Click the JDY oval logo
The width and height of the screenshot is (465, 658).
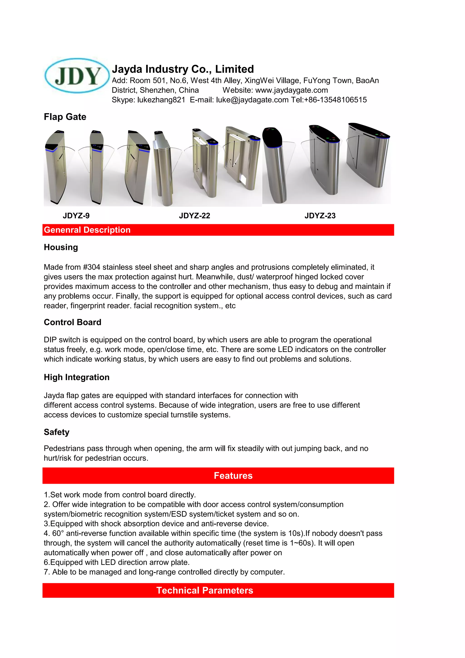click(77, 76)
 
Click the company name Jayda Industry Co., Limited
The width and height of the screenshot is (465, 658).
click(183, 69)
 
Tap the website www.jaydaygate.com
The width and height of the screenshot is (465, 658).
click(291, 90)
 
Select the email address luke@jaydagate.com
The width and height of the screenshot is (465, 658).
click(252, 100)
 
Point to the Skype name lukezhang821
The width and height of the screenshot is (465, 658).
click(161, 100)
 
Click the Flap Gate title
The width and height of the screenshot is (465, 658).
click(65, 117)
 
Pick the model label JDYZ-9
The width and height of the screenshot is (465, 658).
click(76, 216)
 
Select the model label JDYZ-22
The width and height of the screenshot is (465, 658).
click(194, 216)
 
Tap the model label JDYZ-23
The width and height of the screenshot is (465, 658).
click(320, 216)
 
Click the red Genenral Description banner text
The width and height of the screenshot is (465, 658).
click(87, 230)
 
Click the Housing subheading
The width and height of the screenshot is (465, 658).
click(61, 247)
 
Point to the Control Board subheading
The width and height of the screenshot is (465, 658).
click(72, 322)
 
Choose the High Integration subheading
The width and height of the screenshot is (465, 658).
click(77, 377)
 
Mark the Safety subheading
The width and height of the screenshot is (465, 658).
click(56, 432)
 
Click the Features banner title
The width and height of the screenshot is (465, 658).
click(233, 476)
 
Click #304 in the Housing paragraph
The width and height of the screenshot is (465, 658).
click(91, 267)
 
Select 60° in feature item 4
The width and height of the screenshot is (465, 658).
click(58, 533)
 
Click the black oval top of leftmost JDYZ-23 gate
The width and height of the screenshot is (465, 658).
click(272, 136)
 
